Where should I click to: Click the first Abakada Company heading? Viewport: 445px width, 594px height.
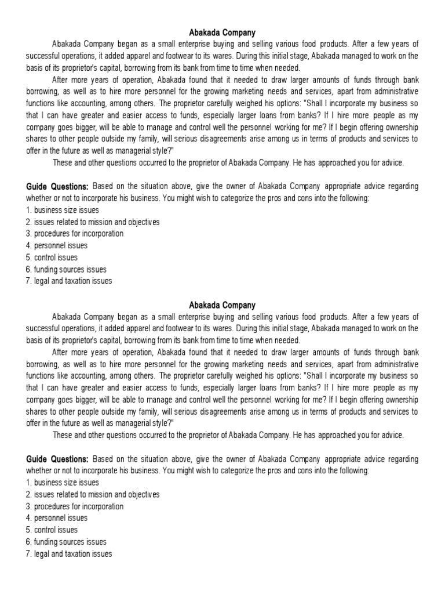pos(222,33)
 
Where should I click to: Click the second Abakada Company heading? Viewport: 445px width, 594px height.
pos(222,305)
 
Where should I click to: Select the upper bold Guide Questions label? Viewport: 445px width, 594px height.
pos(57,186)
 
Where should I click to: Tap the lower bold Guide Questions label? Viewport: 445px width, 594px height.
pos(57,459)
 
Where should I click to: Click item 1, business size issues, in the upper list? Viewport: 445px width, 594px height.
pos(63,210)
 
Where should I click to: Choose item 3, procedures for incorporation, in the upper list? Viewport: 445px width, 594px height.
pos(75,234)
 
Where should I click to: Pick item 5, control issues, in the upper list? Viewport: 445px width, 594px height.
pos(52,258)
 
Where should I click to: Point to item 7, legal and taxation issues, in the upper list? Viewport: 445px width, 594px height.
pos(69,281)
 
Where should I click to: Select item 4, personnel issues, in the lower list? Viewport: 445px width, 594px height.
pos(57,518)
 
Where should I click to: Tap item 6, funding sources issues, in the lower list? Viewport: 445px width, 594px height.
pos(66,542)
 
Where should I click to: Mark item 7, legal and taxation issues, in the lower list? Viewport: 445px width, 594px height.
pos(69,554)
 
